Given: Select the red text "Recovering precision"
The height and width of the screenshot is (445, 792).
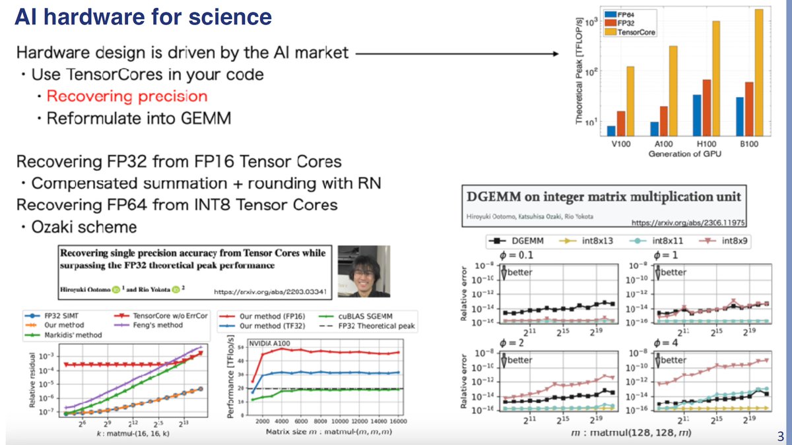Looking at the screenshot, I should tap(127, 96).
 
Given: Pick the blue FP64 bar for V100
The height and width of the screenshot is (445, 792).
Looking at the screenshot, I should tap(611, 130).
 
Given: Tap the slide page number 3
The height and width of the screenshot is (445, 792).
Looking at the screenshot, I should tap(781, 436).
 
